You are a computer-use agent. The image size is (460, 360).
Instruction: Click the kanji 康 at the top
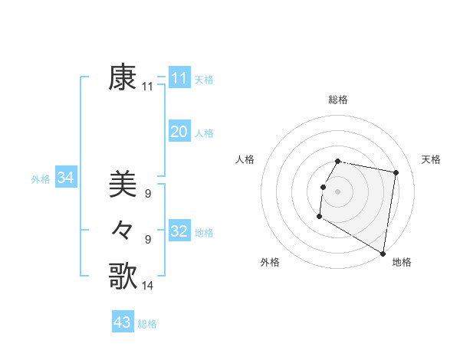(x=123, y=77)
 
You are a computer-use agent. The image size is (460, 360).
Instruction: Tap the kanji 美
(x=123, y=184)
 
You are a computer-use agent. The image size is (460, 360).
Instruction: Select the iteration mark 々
(x=123, y=230)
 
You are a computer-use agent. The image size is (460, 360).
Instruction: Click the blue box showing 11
(x=179, y=78)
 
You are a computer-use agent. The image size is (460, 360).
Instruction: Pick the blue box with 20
(x=179, y=132)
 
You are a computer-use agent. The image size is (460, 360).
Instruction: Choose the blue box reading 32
(x=179, y=231)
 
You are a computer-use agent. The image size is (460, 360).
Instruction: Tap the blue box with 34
(x=65, y=178)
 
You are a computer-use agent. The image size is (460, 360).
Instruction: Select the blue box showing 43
(x=123, y=322)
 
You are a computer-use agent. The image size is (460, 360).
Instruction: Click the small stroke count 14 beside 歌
(x=148, y=286)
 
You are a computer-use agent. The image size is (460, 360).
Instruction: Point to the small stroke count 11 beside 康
(x=148, y=87)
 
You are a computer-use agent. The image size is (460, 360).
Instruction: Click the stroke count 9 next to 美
(x=148, y=195)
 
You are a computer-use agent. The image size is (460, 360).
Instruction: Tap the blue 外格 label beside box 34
(x=41, y=179)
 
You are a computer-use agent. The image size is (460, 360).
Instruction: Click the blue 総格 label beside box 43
(x=147, y=324)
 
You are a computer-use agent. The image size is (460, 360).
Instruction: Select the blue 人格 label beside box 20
(x=204, y=133)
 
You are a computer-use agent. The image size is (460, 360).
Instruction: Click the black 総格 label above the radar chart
(x=338, y=100)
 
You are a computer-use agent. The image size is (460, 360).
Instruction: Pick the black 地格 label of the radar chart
(x=402, y=262)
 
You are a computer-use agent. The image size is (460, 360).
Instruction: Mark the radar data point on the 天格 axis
(x=396, y=173)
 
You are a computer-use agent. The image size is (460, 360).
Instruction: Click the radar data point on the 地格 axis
(x=383, y=253)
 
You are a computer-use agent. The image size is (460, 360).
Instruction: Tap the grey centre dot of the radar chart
(x=338, y=191)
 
